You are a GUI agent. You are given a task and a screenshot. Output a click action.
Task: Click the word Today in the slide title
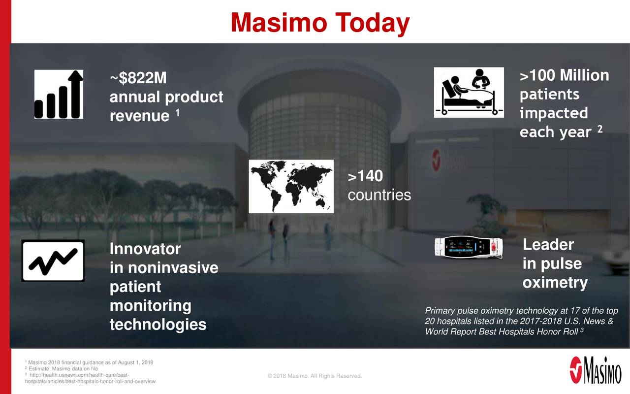coord(373,23)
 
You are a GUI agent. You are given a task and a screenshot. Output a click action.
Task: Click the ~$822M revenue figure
coord(138,78)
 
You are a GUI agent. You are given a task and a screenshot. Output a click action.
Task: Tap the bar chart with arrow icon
coord(59,94)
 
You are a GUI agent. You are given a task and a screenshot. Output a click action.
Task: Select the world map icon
coord(291,186)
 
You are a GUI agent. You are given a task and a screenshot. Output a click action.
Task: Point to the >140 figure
coord(365,176)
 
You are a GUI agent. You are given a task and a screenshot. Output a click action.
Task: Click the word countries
coord(379,195)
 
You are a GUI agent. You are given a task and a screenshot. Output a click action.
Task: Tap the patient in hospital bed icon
coord(469,93)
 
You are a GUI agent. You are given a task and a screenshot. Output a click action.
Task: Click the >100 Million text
coord(564,76)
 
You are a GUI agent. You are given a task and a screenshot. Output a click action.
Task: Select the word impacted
coord(553,113)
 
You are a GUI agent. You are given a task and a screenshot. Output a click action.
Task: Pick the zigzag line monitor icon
coord(53,261)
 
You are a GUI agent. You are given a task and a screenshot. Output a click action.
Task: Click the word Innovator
coord(145,249)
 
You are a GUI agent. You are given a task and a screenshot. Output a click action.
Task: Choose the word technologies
coord(157,325)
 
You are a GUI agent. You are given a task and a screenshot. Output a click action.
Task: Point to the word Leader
coord(548,245)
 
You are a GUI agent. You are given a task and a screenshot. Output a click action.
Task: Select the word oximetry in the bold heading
coord(555,283)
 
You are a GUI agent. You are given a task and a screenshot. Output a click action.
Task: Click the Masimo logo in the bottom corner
coord(595,370)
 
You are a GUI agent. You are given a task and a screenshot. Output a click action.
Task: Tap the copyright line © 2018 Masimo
coord(314,377)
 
